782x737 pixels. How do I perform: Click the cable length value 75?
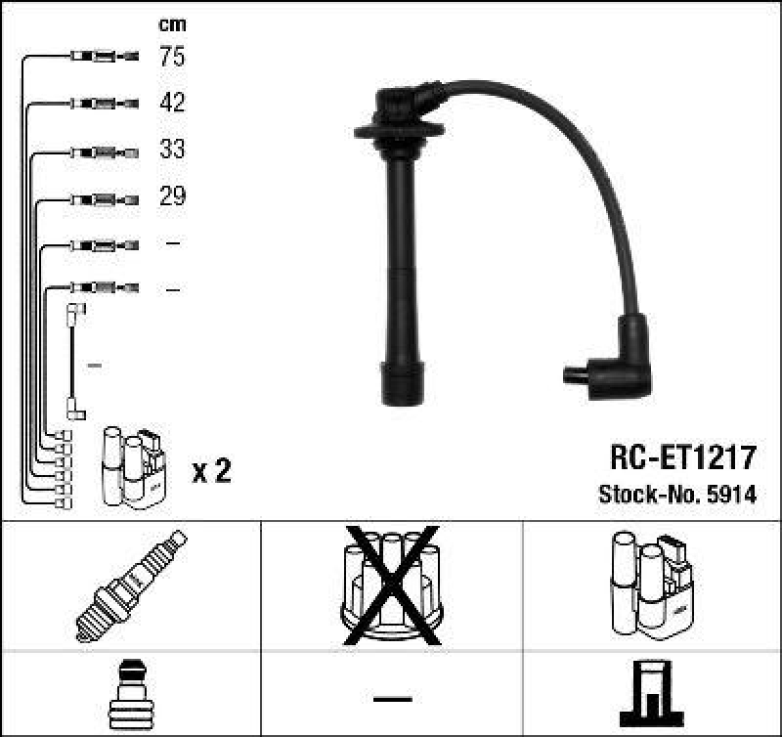(x=172, y=57)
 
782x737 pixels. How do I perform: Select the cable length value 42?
(x=172, y=103)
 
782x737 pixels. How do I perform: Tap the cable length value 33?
(x=172, y=151)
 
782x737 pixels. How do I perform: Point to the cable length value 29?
(x=172, y=196)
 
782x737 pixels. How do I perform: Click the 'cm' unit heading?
(x=172, y=24)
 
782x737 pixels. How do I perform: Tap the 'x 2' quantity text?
(x=211, y=472)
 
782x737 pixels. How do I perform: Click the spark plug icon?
(x=130, y=584)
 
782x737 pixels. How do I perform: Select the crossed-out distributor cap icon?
(x=392, y=584)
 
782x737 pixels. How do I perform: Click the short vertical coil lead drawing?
(x=73, y=362)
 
